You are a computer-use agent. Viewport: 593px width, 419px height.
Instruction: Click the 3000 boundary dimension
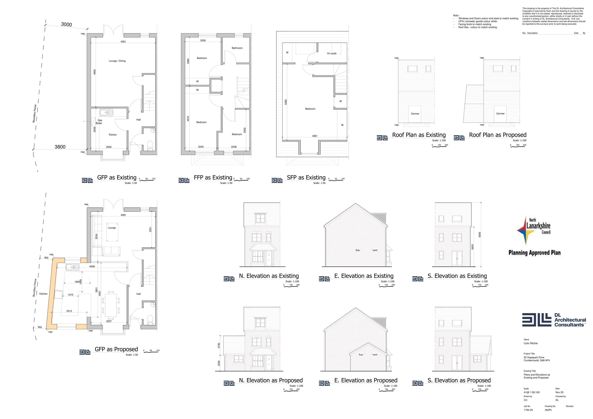(66, 25)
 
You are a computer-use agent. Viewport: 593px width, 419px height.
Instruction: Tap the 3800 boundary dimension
(60, 147)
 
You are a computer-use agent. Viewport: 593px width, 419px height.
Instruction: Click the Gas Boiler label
(99, 122)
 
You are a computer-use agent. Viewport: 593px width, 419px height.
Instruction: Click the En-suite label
(332, 53)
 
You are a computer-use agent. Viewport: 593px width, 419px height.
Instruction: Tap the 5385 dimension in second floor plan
(286, 102)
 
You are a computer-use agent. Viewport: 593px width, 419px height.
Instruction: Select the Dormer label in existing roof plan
(415, 114)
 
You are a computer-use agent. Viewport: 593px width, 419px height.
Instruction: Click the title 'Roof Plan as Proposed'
(498, 135)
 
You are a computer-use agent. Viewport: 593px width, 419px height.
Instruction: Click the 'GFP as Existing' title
(117, 178)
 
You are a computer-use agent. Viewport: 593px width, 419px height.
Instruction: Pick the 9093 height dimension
(480, 235)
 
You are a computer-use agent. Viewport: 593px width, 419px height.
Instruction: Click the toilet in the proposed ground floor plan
(150, 320)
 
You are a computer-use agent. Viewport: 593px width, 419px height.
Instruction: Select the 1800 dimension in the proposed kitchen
(77, 282)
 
